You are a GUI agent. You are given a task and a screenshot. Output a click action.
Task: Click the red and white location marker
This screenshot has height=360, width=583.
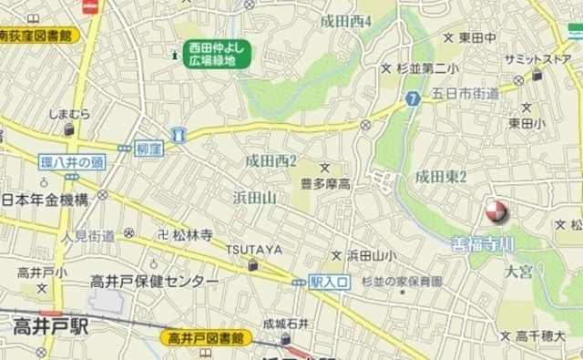(496, 212)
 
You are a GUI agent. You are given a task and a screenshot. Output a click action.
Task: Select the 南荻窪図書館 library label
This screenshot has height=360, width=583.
(38, 36)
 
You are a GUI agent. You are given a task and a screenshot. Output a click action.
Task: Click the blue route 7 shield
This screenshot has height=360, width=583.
(413, 98)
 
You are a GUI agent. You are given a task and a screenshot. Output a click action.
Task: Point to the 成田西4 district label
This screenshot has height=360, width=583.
(346, 20)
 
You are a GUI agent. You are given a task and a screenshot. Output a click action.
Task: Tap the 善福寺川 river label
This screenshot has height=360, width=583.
(483, 244)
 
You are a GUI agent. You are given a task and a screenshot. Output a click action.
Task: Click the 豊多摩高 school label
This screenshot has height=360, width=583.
(326, 184)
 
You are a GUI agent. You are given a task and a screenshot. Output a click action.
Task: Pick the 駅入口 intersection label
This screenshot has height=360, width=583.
(329, 283)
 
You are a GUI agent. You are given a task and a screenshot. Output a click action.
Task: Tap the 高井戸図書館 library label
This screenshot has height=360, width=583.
(208, 337)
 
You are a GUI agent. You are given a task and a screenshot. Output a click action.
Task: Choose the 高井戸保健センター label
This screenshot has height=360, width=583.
(154, 282)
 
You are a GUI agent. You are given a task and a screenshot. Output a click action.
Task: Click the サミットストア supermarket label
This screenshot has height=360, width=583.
(537, 59)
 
